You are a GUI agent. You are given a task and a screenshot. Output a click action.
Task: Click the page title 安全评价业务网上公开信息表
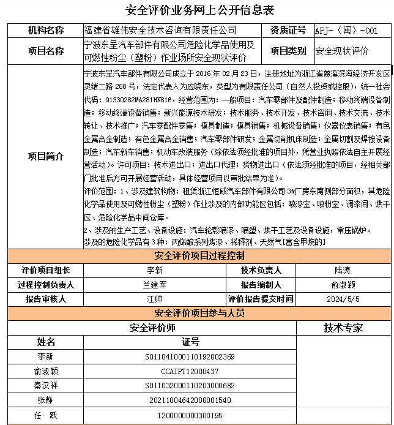(199, 10)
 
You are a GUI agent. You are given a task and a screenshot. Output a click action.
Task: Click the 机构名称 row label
(45, 31)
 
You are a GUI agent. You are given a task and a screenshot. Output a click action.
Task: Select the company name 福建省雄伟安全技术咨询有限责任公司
(159, 31)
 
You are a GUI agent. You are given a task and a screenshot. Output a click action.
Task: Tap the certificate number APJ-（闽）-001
(346, 31)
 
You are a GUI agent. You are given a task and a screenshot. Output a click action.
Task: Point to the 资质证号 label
(288, 31)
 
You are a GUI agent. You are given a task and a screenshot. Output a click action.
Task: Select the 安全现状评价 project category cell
(342, 51)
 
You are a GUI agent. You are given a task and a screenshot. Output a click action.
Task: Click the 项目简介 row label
(45, 156)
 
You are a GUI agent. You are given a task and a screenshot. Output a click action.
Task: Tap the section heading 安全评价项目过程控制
(199, 255)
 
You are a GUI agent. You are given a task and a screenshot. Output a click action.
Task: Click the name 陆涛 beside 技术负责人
(343, 270)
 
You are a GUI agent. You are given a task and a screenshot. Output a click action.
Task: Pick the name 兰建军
(155, 285)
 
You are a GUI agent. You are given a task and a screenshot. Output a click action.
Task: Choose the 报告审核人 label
(45, 299)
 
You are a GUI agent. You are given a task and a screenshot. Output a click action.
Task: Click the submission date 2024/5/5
(343, 299)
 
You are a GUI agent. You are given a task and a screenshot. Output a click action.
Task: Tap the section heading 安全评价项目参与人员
(199, 314)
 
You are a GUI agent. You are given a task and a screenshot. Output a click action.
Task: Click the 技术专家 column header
(343, 328)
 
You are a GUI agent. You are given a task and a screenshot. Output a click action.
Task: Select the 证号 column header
(190, 342)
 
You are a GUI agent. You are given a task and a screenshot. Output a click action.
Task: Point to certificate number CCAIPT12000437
(190, 371)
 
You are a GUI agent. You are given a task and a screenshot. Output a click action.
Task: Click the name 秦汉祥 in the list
(45, 386)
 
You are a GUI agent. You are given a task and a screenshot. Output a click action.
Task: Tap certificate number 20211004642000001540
(190, 401)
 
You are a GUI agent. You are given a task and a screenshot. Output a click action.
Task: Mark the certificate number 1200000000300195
(190, 415)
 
